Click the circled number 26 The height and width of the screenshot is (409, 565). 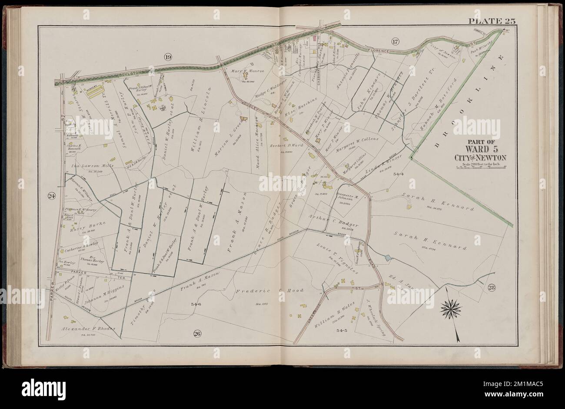[197, 333]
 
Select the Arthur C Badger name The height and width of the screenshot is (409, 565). [339, 221]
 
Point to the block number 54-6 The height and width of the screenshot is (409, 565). [196, 304]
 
